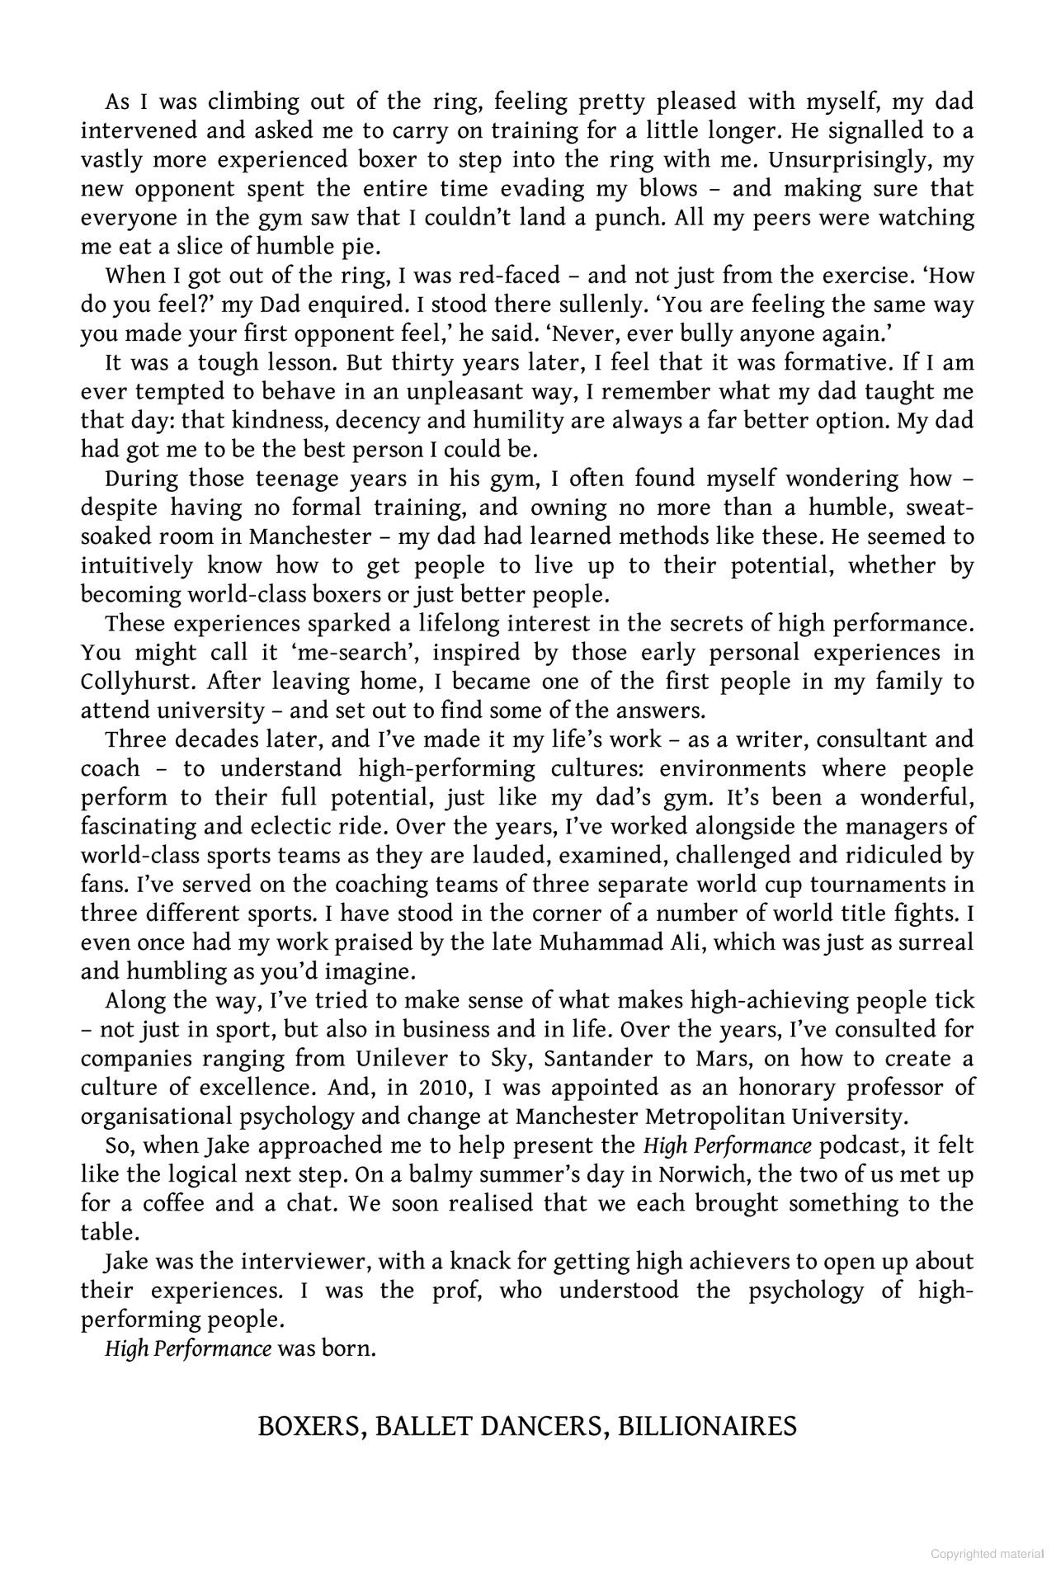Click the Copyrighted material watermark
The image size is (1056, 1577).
click(x=987, y=1554)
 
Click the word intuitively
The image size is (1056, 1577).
click(x=137, y=566)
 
